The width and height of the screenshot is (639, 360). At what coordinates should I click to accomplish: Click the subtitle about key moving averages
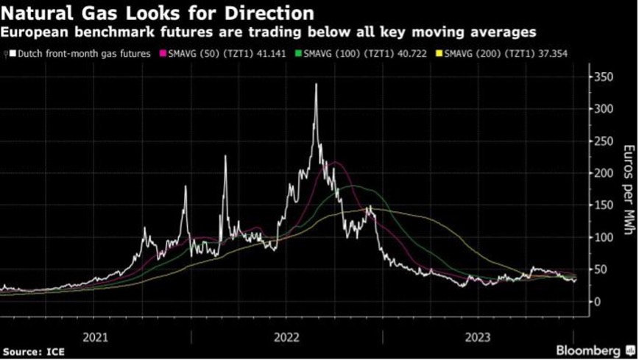[x=268, y=32]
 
